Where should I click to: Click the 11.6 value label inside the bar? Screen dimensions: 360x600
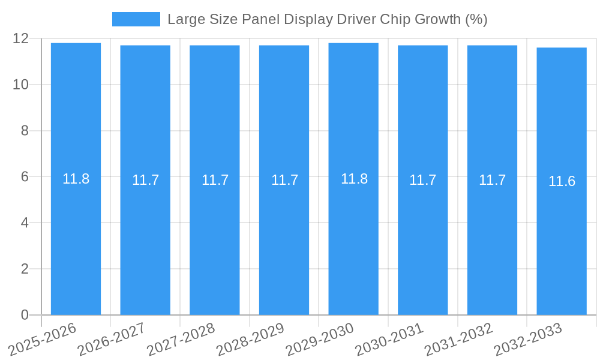click(x=562, y=181)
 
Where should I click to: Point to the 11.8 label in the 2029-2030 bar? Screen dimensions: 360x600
click(x=354, y=179)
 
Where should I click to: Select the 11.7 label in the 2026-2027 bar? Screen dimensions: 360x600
click(x=145, y=180)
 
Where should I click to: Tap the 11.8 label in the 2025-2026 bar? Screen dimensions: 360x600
click(x=76, y=179)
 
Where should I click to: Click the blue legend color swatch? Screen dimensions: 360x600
click(x=136, y=19)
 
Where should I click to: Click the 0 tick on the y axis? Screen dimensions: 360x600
click(x=25, y=315)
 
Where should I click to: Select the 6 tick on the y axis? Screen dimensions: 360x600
click(x=25, y=177)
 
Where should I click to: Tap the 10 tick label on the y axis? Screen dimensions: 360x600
click(x=20, y=85)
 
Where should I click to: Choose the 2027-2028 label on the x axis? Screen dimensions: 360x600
click(x=181, y=339)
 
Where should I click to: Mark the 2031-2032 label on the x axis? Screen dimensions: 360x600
click(x=458, y=339)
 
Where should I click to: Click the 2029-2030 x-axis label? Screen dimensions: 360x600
click(x=319, y=339)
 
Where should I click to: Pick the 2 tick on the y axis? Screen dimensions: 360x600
click(x=25, y=269)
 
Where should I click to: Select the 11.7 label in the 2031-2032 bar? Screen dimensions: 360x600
click(x=492, y=180)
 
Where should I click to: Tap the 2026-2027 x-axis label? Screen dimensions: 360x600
click(x=111, y=339)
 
